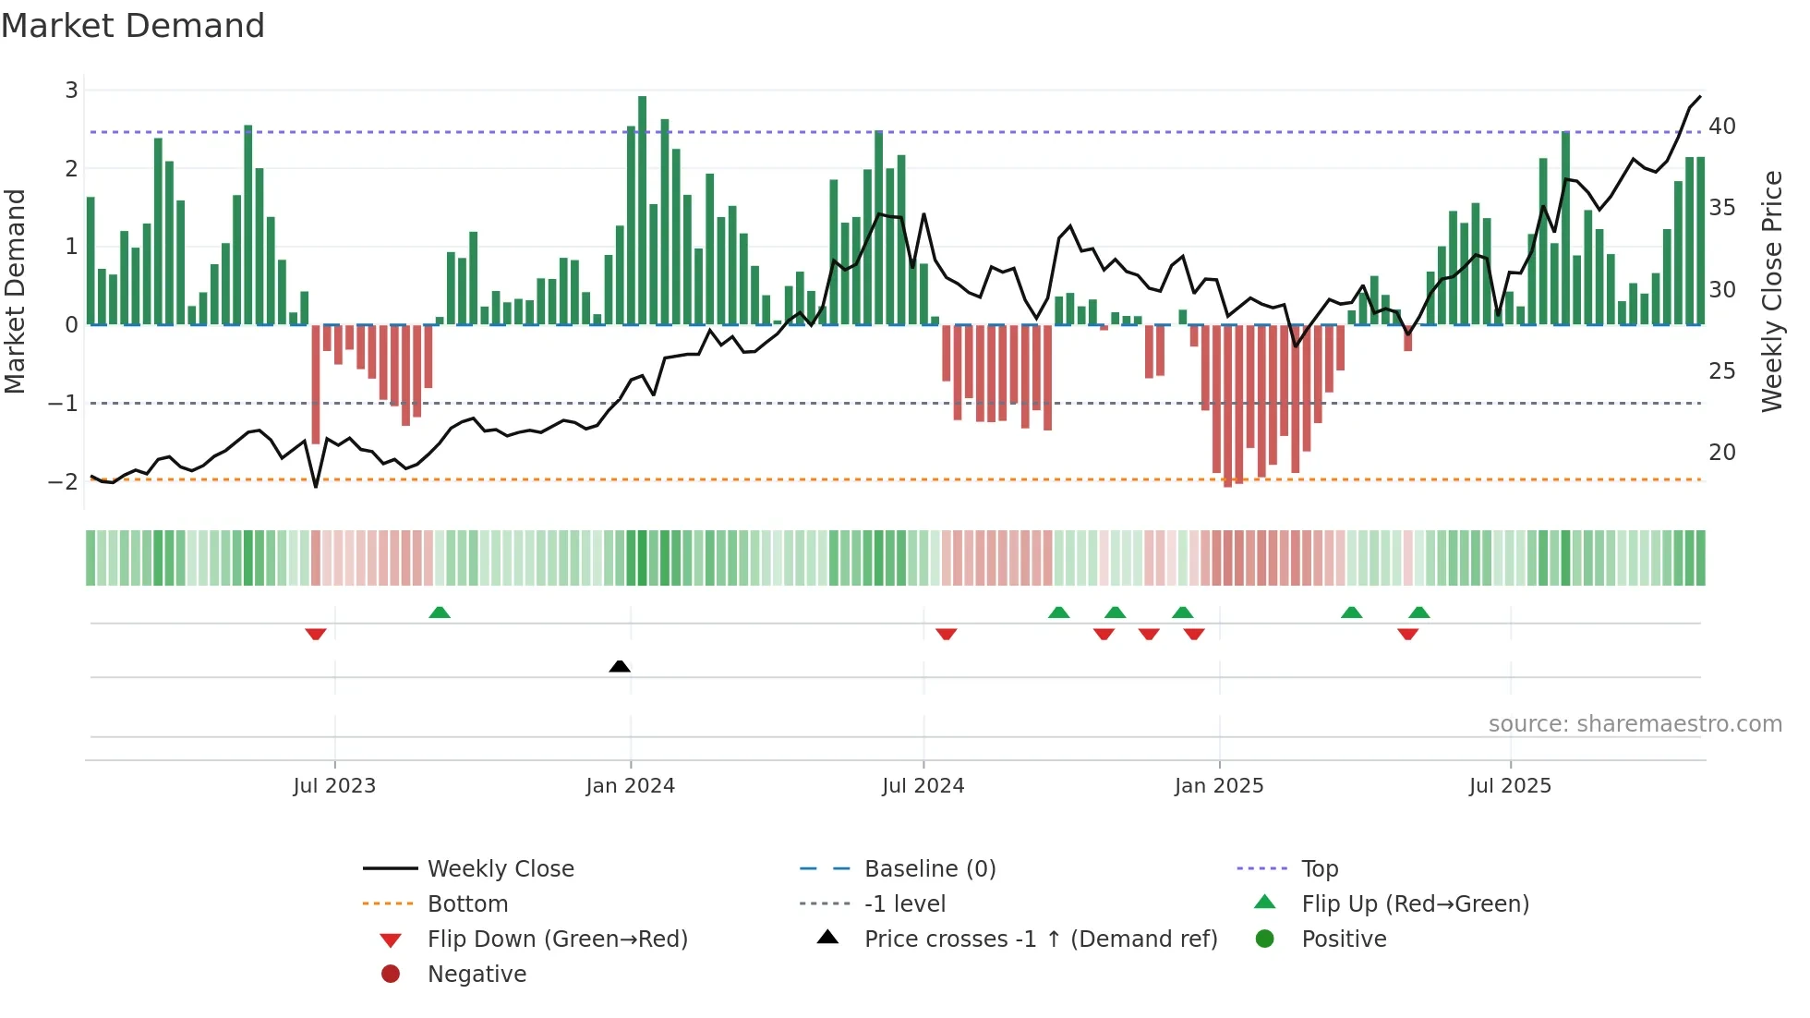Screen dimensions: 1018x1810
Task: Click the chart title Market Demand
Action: pos(133,26)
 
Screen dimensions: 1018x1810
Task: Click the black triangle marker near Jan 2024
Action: pos(620,666)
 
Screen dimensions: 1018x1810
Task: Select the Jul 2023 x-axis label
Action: pos(334,786)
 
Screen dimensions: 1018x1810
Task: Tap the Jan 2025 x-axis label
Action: pos(1218,786)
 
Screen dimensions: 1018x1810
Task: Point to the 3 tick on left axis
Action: pos(71,91)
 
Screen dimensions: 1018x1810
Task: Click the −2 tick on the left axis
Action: pos(63,481)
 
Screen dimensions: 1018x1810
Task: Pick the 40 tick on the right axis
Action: pos(1721,127)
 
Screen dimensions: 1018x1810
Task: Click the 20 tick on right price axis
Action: pos(1721,453)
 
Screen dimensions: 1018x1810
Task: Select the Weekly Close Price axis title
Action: pos(1771,291)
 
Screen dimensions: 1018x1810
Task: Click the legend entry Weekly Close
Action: pos(500,869)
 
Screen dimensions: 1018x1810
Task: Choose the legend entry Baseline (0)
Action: pos(929,869)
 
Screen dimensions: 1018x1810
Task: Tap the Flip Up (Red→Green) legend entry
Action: pos(1415,904)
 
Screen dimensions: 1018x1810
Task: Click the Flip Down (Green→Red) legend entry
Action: pos(557,939)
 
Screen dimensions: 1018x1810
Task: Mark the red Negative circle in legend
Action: pos(391,975)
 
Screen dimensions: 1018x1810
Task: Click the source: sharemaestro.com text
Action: pos(1635,724)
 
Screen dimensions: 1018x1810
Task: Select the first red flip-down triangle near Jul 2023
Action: pos(316,634)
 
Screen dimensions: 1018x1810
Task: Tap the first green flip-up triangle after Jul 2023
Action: pos(440,612)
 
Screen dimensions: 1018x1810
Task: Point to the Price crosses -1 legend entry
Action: pos(1040,939)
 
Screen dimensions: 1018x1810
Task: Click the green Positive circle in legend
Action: pos(1265,939)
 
